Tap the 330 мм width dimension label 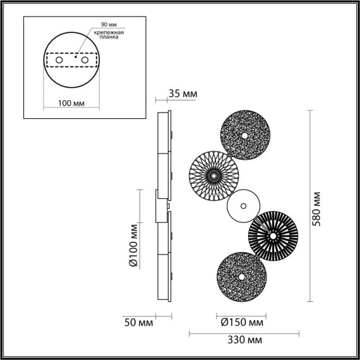246,340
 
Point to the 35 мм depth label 183,95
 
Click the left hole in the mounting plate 59,60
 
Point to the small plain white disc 243,206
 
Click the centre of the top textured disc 245,136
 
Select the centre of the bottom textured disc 241,277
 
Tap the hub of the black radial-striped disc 273,236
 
